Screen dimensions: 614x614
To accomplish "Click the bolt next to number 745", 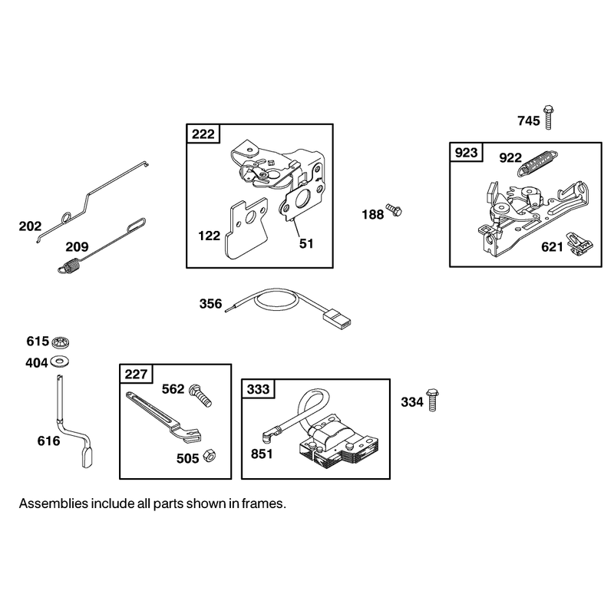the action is (x=548, y=117).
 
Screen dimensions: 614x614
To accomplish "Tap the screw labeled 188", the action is (x=394, y=210).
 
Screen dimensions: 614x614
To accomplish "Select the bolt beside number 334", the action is (x=432, y=399).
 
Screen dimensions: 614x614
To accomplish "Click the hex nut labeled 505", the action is (x=210, y=455).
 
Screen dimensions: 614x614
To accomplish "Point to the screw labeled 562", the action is (x=200, y=395).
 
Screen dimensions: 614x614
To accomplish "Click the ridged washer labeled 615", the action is (x=61, y=342).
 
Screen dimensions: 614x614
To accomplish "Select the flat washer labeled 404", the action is (x=60, y=361).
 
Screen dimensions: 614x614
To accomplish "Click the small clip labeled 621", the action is (x=579, y=244).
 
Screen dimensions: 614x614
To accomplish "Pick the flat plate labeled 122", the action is (x=246, y=229).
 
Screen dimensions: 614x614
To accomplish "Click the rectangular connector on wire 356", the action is (x=337, y=318).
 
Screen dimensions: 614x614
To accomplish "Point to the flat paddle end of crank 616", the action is (x=87, y=457).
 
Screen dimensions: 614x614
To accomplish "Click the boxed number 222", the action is (x=203, y=134).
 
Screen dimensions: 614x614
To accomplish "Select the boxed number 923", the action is (x=467, y=152).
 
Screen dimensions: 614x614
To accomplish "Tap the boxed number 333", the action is (x=258, y=389).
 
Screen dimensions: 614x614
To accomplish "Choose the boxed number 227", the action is (x=136, y=375).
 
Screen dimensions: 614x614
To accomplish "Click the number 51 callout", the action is (x=306, y=243).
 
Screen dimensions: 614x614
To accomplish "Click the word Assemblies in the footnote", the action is (x=54, y=503).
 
